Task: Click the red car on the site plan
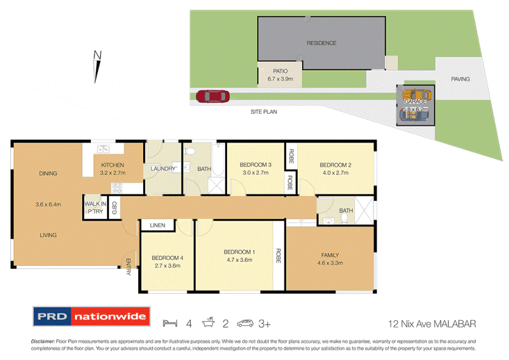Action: [x=212, y=97]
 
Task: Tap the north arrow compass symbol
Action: [x=97, y=67]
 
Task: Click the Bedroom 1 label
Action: [x=240, y=253]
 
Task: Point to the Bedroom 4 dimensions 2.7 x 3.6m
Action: [x=167, y=267]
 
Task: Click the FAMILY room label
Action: [x=330, y=255]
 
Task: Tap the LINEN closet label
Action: [x=157, y=226]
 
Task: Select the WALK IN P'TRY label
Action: [x=94, y=207]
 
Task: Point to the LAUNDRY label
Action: [x=163, y=169]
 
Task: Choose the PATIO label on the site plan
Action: [x=280, y=71]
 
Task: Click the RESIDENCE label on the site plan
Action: [x=321, y=43]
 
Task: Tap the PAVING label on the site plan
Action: [x=460, y=80]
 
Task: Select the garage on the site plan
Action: [x=415, y=104]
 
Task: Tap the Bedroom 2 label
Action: [x=335, y=165]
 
